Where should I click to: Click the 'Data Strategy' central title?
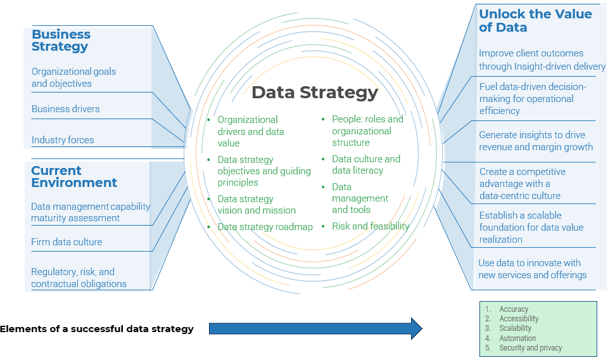click(314, 93)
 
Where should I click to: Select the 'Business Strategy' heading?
click(61, 40)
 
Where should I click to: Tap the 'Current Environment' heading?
click(73, 176)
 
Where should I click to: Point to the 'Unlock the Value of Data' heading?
click(535, 20)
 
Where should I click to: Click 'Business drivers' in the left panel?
click(65, 109)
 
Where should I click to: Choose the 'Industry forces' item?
click(63, 140)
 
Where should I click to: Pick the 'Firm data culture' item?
click(66, 242)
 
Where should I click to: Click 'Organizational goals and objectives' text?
click(73, 78)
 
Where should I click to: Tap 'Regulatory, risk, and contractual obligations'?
click(79, 278)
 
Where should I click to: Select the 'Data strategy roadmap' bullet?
click(265, 227)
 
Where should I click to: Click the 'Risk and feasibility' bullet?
click(370, 226)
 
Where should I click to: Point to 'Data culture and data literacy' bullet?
click(366, 165)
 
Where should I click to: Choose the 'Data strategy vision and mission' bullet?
click(256, 205)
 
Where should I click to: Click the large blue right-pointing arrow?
click(315, 328)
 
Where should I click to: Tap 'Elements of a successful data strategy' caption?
click(96, 329)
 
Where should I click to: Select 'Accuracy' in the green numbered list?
click(513, 309)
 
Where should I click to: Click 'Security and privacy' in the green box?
click(530, 348)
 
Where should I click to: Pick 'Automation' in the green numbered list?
click(517, 338)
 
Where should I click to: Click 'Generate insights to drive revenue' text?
click(536, 141)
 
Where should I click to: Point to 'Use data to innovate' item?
click(532, 269)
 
